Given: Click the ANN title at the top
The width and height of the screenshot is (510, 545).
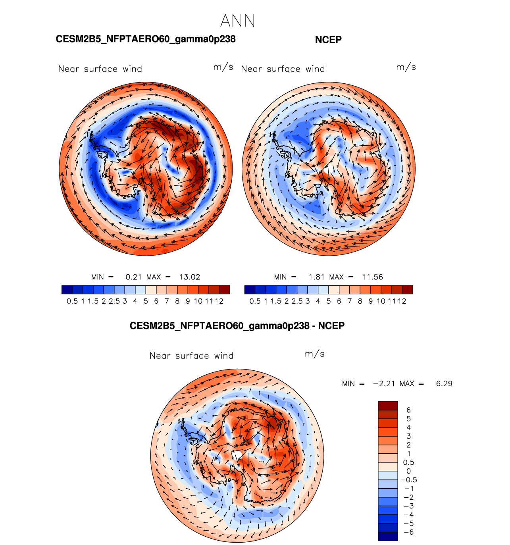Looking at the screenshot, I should pos(237,21).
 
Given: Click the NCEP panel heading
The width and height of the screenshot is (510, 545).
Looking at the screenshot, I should pos(328,40).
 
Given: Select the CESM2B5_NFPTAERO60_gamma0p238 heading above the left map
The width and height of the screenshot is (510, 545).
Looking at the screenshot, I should pos(146,39).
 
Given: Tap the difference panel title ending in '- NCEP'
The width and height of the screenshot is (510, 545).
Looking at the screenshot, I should pos(237,326).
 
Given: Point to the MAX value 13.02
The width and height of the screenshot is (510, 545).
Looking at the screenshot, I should pos(190,277).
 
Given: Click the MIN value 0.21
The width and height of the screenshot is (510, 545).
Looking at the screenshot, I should pos(134,277).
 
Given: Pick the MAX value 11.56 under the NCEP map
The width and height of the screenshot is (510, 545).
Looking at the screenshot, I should pos(372,277).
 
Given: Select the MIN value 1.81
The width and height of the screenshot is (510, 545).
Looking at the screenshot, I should pos(317,277).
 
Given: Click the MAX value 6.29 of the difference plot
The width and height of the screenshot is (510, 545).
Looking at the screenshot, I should pos(444,383).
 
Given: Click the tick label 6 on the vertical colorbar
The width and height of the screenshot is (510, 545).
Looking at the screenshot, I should pos(408,410).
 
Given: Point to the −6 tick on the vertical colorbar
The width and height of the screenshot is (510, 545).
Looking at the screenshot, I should pos(408,532).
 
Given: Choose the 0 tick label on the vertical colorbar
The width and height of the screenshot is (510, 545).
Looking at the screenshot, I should pos(408,471).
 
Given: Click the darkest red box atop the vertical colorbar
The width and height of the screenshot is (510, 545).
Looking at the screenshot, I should pos(388,405).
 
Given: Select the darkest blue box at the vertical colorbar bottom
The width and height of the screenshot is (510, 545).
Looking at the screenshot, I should pos(388,536).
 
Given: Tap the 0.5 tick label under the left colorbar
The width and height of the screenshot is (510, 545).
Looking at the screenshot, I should pos(72,301).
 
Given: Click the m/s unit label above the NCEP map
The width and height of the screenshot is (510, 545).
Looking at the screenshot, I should pos(406,67).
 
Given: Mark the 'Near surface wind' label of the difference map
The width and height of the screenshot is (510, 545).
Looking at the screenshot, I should pos(191,356).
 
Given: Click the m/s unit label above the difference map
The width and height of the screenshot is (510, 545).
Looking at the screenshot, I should pos(315,354).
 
